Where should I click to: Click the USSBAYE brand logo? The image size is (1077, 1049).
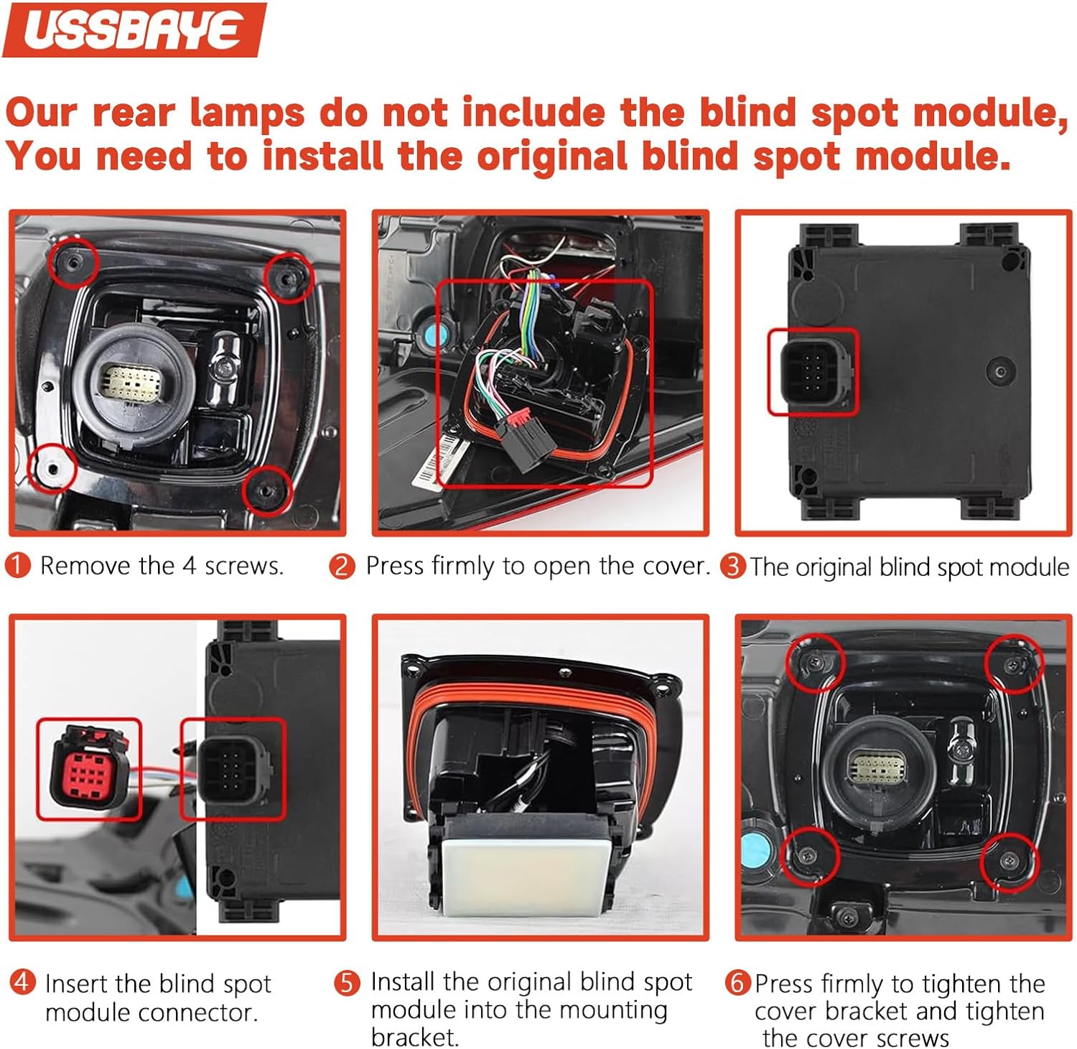pyautogui.click(x=134, y=29)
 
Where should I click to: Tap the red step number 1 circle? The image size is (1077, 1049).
pyautogui.click(x=17, y=565)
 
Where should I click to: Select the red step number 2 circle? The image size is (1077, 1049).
pyautogui.click(x=342, y=566)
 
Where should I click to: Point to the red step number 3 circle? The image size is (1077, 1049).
pyautogui.click(x=733, y=566)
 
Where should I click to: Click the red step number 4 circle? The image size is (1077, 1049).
pyautogui.click(x=22, y=982)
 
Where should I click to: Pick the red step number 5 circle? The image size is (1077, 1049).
pyautogui.click(x=348, y=982)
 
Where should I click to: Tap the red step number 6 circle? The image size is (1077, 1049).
pyautogui.click(x=737, y=982)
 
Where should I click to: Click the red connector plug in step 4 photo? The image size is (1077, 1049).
pyautogui.click(x=88, y=768)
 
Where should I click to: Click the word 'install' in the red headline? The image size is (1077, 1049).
pyautogui.click(x=322, y=156)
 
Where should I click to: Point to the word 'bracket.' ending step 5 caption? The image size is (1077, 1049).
pyautogui.click(x=414, y=1038)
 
